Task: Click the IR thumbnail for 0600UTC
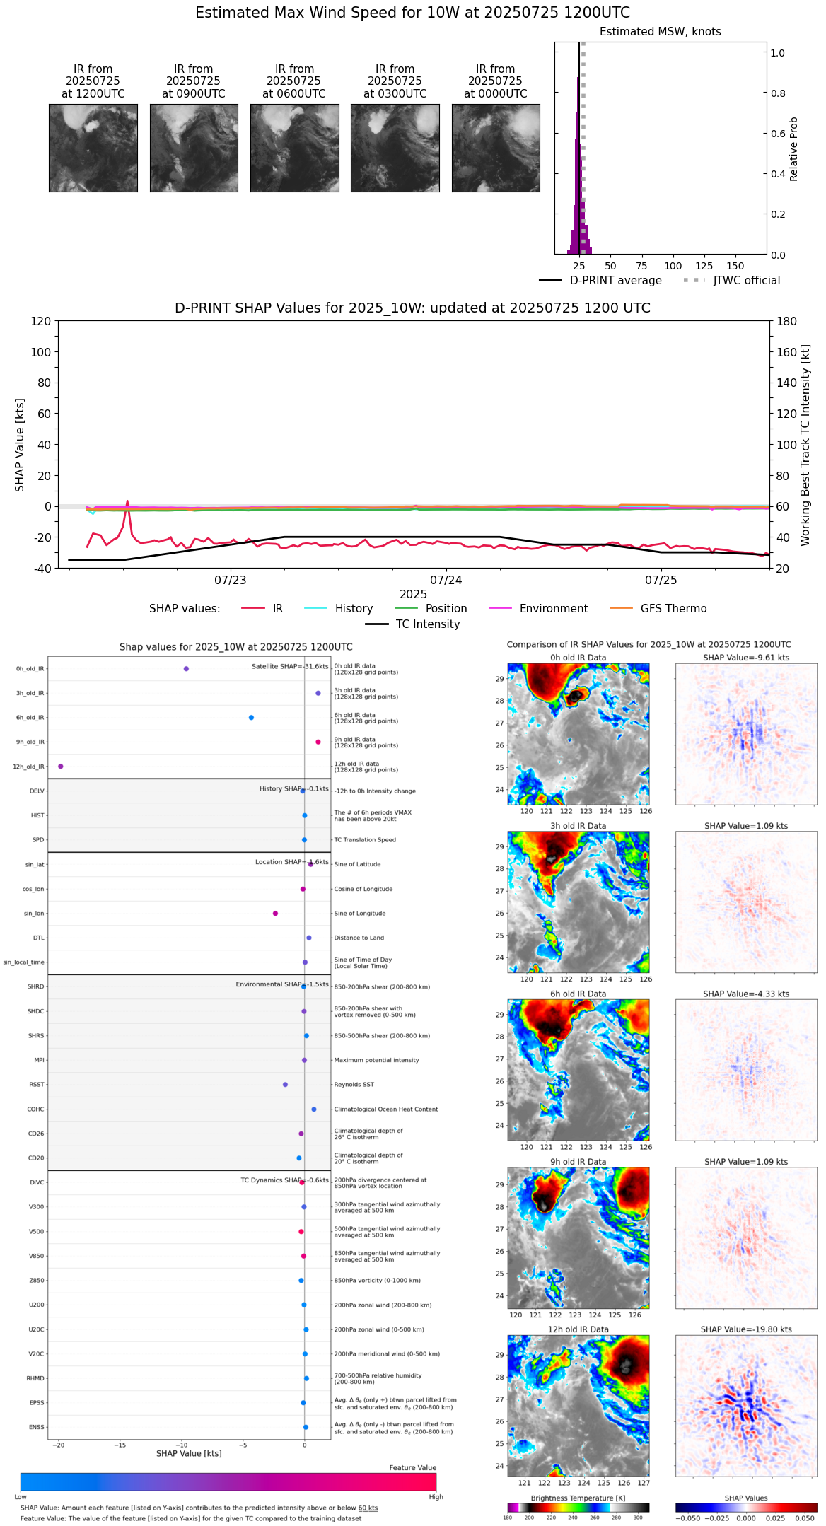[294, 148]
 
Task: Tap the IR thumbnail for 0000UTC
[496, 148]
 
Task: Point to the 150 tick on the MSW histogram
[735, 266]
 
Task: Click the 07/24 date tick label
[446, 581]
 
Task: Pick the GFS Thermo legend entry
[673, 609]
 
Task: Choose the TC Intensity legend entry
[427, 624]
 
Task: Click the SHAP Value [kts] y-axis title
[20, 445]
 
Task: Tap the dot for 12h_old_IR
[60, 767]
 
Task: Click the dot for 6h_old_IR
[251, 718]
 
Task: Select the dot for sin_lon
[275, 914]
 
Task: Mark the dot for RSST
[285, 1085]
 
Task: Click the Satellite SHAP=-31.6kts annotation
[290, 667]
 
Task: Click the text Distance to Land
[361, 938]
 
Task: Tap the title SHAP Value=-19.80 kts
[745, 1329]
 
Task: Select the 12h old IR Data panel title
[578, 1329]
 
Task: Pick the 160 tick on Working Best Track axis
[787, 352]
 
